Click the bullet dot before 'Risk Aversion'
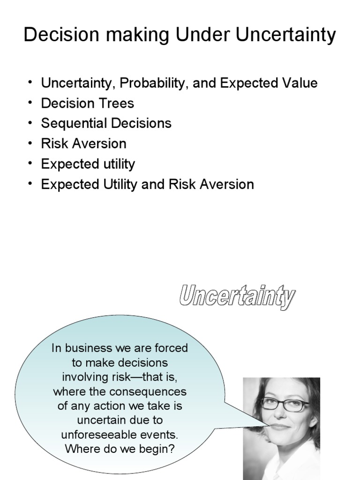coord(30,142)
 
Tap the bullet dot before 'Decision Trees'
coord(30,102)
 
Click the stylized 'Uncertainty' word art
coord(237,296)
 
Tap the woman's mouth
coord(280,427)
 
